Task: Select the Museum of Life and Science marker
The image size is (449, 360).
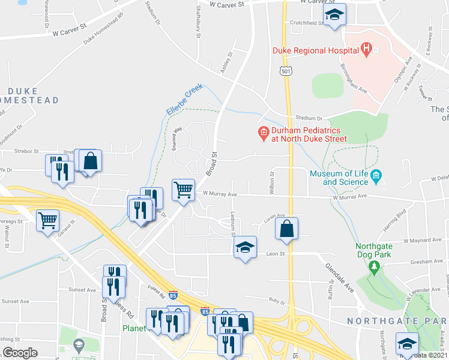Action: pyautogui.click(x=376, y=175)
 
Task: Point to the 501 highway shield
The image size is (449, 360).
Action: pyautogui.click(x=283, y=71)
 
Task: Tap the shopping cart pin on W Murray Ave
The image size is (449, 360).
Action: pyautogui.click(x=183, y=189)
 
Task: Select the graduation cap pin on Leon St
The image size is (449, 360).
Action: pyautogui.click(x=245, y=247)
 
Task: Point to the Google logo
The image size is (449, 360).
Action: pyautogui.click(x=20, y=353)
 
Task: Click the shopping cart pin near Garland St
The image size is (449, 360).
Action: pyautogui.click(x=47, y=220)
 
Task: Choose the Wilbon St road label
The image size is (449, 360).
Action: pyautogui.click(x=272, y=182)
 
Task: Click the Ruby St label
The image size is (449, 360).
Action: pyautogui.click(x=277, y=301)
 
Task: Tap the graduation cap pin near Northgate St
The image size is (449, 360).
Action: pyautogui.click(x=406, y=344)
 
